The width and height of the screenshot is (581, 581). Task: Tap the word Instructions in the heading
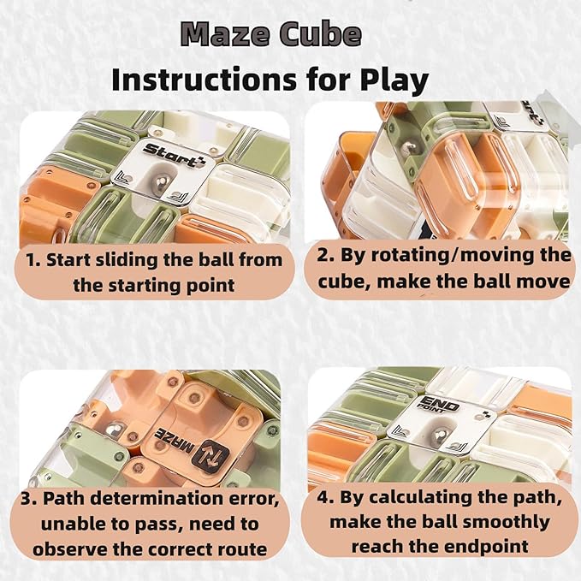[x=205, y=79]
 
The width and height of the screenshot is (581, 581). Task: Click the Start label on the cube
[x=173, y=155]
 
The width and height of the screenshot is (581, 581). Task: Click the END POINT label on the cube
[x=438, y=404]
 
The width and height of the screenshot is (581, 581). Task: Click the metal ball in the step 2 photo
[x=409, y=147]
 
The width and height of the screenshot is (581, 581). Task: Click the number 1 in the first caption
[x=33, y=260]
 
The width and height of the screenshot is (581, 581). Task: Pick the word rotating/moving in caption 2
[x=454, y=255]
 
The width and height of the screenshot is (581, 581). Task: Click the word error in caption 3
[x=253, y=498]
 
